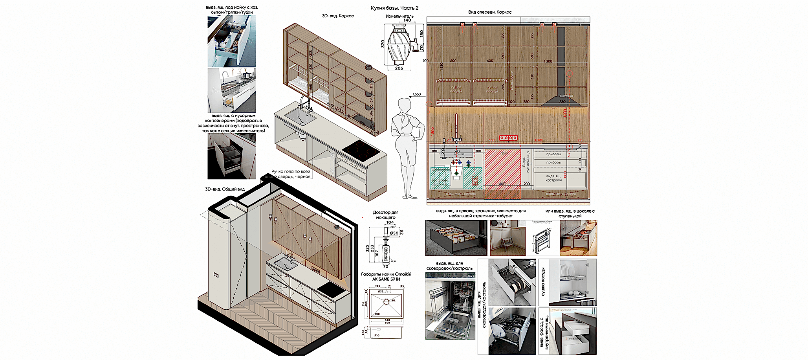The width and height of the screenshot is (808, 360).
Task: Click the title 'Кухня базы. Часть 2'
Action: click(x=394, y=8)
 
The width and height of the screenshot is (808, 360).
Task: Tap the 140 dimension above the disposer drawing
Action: click(x=407, y=20)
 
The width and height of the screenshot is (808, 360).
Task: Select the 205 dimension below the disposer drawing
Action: click(x=399, y=68)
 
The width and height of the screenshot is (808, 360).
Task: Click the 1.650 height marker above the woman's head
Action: click(x=416, y=94)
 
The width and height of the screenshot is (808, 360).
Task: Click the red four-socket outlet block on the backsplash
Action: click(x=508, y=138)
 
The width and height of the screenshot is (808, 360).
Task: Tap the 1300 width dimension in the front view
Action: click(x=548, y=61)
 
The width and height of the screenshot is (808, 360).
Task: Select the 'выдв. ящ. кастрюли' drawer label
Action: click(x=553, y=178)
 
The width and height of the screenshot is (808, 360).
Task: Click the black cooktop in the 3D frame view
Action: click(x=361, y=151)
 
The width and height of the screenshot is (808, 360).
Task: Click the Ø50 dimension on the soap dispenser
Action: click(x=394, y=233)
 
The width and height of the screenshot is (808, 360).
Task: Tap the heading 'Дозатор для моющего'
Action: click(x=385, y=215)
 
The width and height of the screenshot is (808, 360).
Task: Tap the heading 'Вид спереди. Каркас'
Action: click(x=489, y=12)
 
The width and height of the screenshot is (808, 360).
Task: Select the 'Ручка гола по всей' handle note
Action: click(x=291, y=172)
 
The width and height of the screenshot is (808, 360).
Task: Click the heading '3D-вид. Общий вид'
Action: click(x=225, y=189)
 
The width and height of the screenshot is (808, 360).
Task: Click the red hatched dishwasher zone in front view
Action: click(x=502, y=169)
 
